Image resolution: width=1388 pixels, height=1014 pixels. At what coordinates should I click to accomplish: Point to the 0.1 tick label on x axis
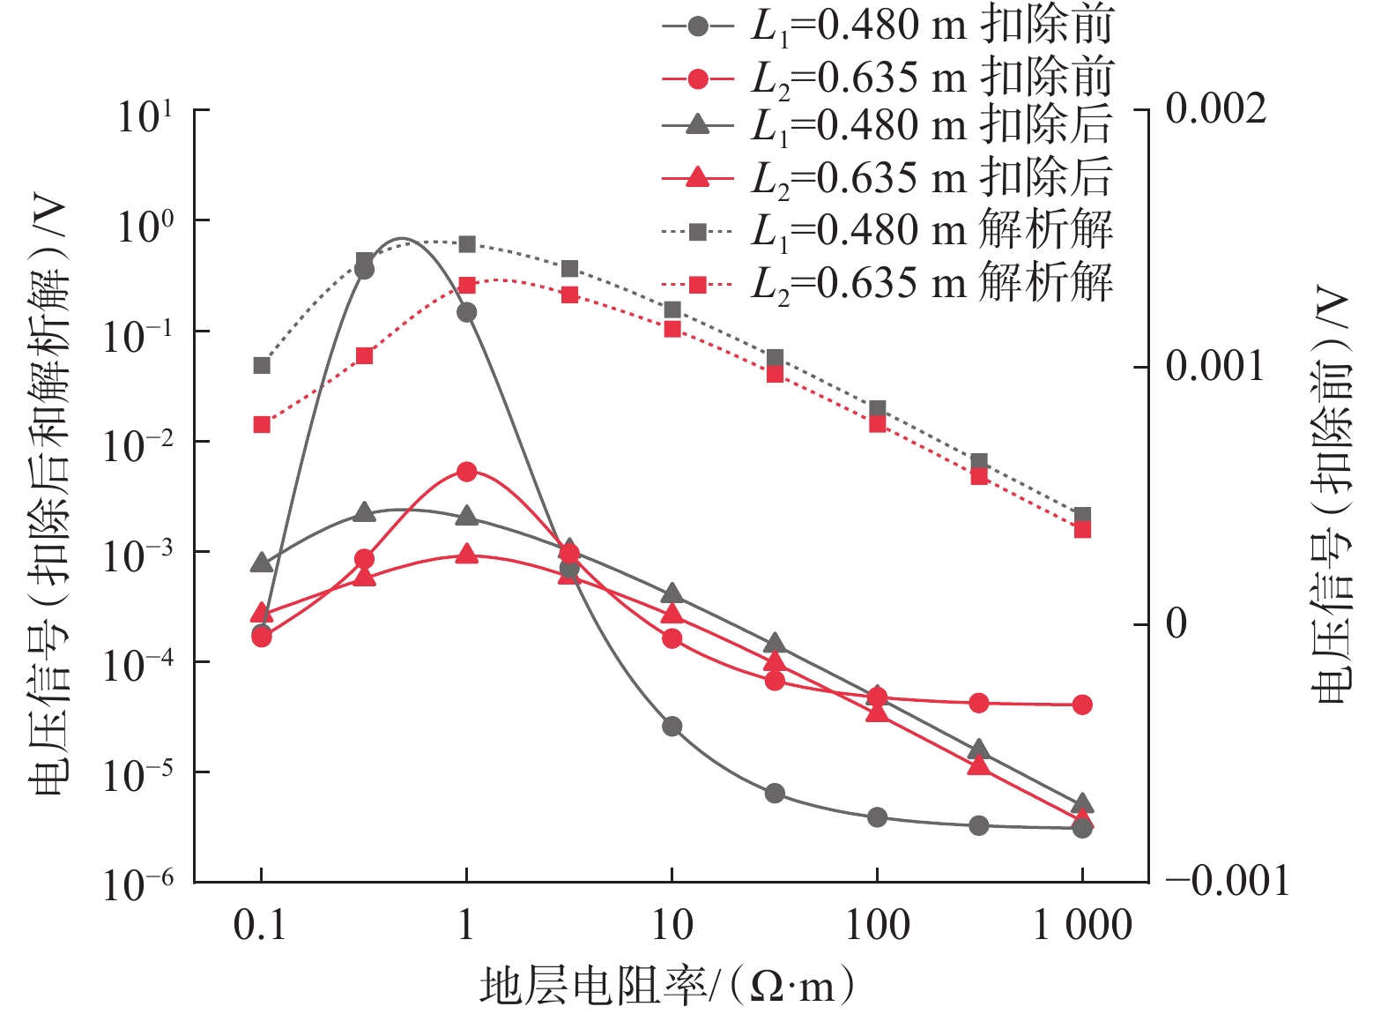tap(260, 925)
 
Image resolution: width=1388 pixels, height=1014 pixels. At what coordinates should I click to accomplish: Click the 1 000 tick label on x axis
tap(1082, 925)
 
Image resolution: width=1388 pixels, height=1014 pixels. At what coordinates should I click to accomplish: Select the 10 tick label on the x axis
tap(672, 925)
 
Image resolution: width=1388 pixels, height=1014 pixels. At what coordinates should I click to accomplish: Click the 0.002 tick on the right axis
tap(1216, 109)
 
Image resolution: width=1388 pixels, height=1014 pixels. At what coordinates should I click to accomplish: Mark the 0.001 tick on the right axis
tap(1216, 366)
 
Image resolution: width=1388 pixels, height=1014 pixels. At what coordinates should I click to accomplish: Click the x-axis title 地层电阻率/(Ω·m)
tap(667, 985)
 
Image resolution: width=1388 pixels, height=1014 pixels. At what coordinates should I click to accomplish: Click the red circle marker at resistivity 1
tap(467, 472)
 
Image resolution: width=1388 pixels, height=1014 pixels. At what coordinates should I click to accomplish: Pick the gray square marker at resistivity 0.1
tap(262, 365)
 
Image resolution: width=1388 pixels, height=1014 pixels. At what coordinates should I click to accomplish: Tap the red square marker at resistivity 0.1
tap(262, 425)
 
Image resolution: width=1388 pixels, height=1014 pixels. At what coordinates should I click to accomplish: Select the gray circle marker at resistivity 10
tap(672, 727)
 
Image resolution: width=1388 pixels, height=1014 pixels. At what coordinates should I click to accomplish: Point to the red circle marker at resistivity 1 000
tap(1083, 705)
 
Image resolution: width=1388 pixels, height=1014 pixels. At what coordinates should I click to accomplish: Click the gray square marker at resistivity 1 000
tap(1083, 515)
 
